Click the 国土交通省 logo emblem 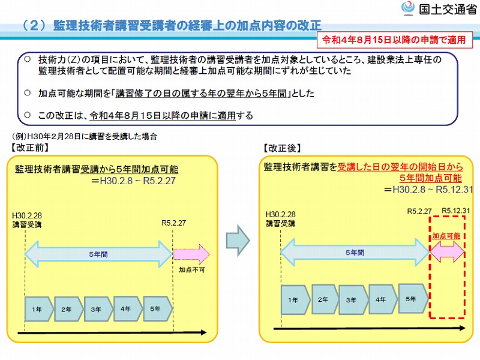pos(408,8)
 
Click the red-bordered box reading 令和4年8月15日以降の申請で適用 pos(394,40)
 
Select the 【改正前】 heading pos(29,148)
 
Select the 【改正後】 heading pos(282,148)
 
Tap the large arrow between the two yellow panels pos(238,241)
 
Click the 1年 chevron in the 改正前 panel pos(38,309)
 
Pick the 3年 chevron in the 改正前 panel pos(98,309)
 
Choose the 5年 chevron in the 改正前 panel pos(158,308)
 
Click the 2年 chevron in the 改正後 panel pos(325,299)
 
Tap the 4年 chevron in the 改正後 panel pos(383,299)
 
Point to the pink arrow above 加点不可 pos(191,254)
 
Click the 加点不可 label pos(192,269)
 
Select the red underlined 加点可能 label pos(446,236)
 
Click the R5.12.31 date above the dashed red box pos(456,211)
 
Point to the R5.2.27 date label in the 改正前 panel pos(173,223)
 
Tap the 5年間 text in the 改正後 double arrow pos(355,253)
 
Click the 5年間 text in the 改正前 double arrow pos(98,254)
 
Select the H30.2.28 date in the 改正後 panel pos(281,214)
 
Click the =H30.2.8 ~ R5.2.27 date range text pos(133,181)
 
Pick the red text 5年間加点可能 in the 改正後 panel pos(431,178)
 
